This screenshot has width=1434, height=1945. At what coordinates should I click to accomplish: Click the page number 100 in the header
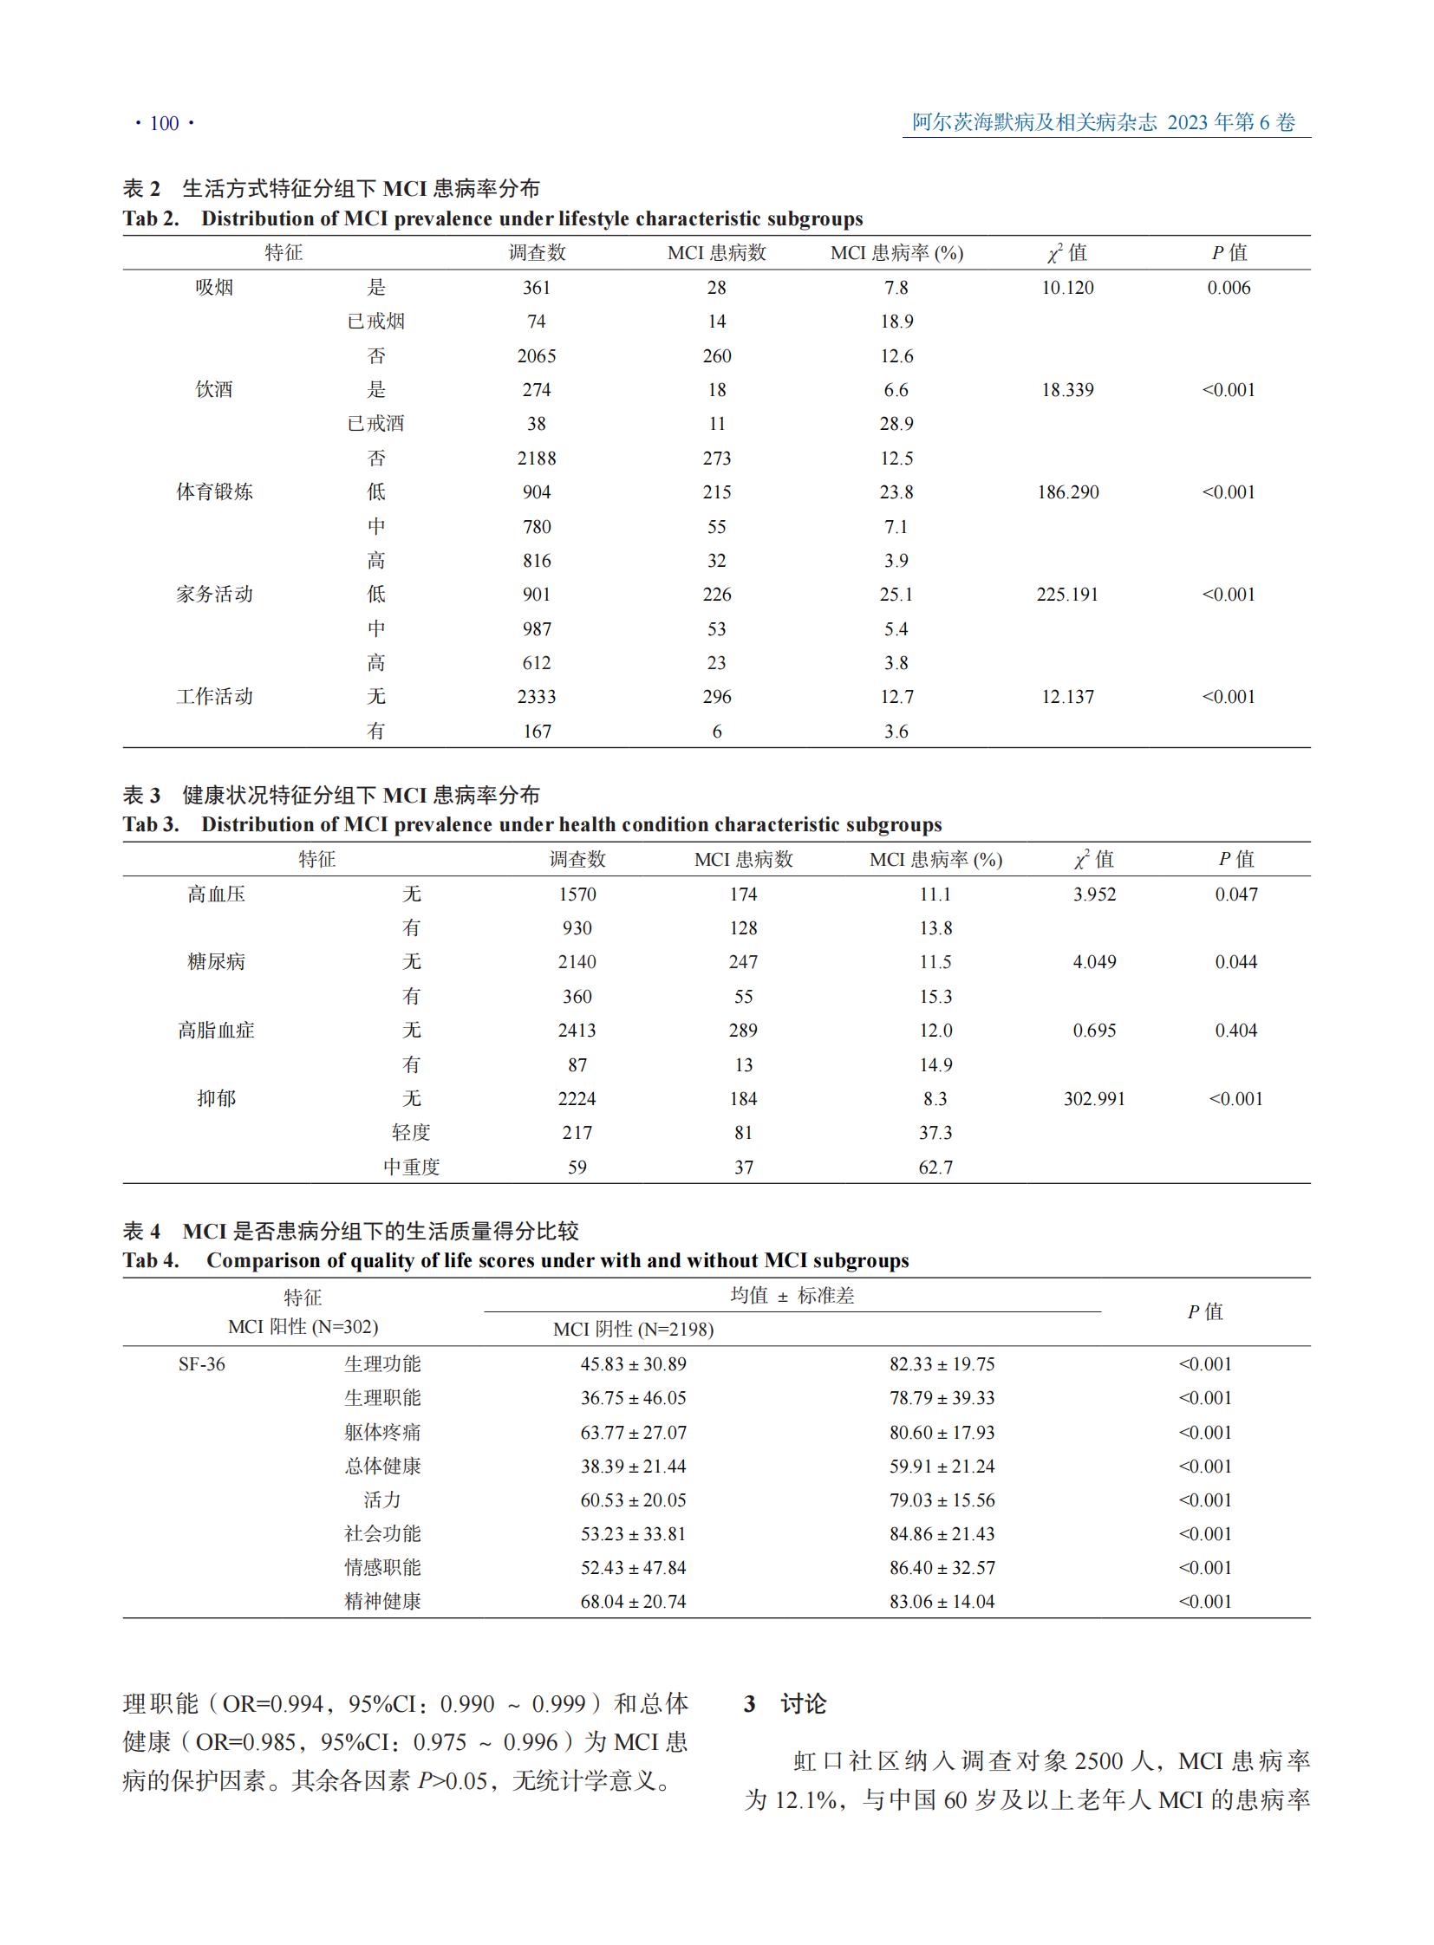164,123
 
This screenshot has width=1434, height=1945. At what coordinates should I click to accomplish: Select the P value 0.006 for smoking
1229,287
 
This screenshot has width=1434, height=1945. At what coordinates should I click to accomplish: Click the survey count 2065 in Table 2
537,356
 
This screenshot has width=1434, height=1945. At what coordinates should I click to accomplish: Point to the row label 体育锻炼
214,492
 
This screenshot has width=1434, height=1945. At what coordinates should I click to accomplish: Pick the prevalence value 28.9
896,424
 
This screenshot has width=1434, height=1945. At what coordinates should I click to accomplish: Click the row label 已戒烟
376,321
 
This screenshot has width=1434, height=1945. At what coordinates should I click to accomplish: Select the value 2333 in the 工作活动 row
537,697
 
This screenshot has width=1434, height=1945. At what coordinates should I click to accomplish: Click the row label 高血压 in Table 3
216,894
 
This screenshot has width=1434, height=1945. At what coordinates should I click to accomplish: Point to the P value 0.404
1235,1031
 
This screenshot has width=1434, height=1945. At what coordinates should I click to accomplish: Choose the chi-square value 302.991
1094,1099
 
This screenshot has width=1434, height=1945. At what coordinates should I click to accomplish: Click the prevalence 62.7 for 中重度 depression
935,1168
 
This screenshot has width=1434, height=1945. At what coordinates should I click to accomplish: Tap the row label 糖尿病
216,961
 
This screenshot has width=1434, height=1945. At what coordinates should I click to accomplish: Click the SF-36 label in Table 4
201,1364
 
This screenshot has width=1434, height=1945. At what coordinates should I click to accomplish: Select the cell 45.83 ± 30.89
633,1364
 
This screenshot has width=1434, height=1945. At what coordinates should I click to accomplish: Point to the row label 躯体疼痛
382,1432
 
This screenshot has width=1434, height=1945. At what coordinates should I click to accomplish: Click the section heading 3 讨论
785,1704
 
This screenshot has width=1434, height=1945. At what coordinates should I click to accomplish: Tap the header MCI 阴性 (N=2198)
633,1330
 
